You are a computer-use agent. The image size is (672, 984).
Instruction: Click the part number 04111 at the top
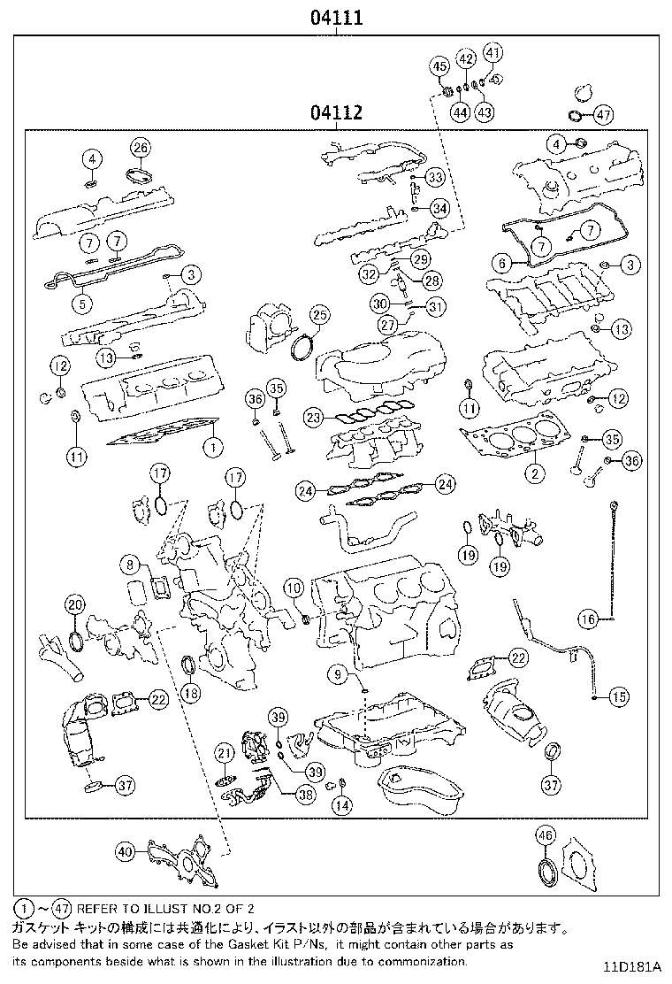point(336,17)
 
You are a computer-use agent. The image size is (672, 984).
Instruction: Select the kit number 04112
point(336,113)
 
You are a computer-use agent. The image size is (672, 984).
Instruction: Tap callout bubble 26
point(141,147)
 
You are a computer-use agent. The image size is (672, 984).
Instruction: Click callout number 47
point(603,114)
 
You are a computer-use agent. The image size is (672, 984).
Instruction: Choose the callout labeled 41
point(493,52)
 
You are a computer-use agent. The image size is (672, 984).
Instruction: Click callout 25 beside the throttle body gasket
point(319,315)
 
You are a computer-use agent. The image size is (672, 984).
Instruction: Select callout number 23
point(312,415)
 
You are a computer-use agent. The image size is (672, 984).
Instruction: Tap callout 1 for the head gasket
point(211,448)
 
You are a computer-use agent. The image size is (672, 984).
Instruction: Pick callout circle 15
point(618,696)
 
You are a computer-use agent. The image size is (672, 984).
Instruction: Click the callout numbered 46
point(545,834)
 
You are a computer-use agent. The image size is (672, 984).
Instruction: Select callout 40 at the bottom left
point(125,852)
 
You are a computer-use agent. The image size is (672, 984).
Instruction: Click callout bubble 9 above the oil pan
point(337,675)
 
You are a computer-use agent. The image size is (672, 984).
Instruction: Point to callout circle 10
point(294,587)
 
